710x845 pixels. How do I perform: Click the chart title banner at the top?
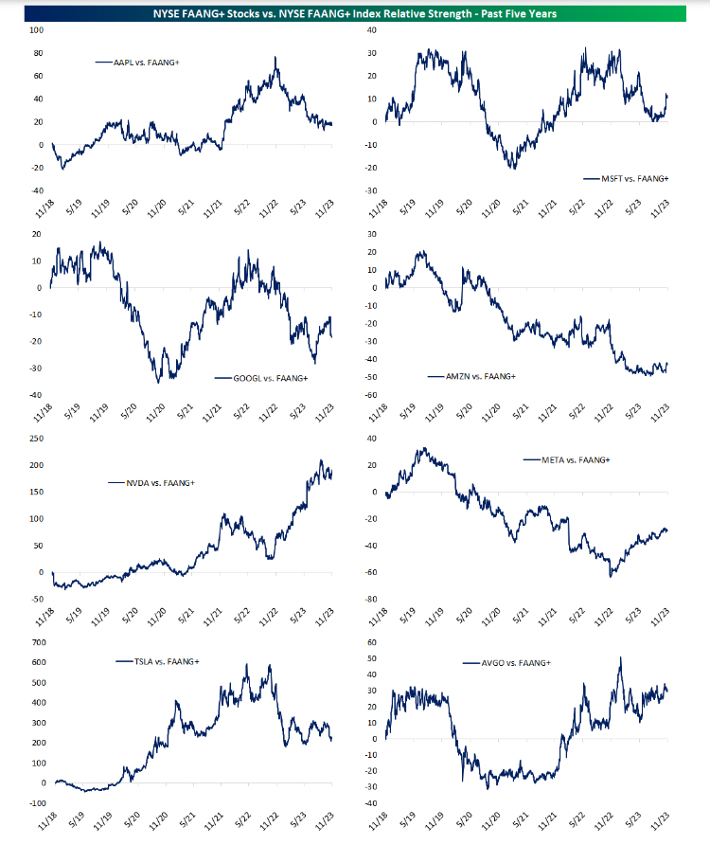(x=354, y=13)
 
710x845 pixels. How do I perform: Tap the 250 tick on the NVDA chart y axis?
(x=36, y=439)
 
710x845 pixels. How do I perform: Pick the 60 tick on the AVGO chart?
(x=372, y=642)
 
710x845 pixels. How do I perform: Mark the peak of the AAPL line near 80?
(x=275, y=57)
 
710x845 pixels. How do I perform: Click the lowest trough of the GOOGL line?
(x=157, y=381)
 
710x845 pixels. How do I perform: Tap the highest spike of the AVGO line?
(x=620, y=657)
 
